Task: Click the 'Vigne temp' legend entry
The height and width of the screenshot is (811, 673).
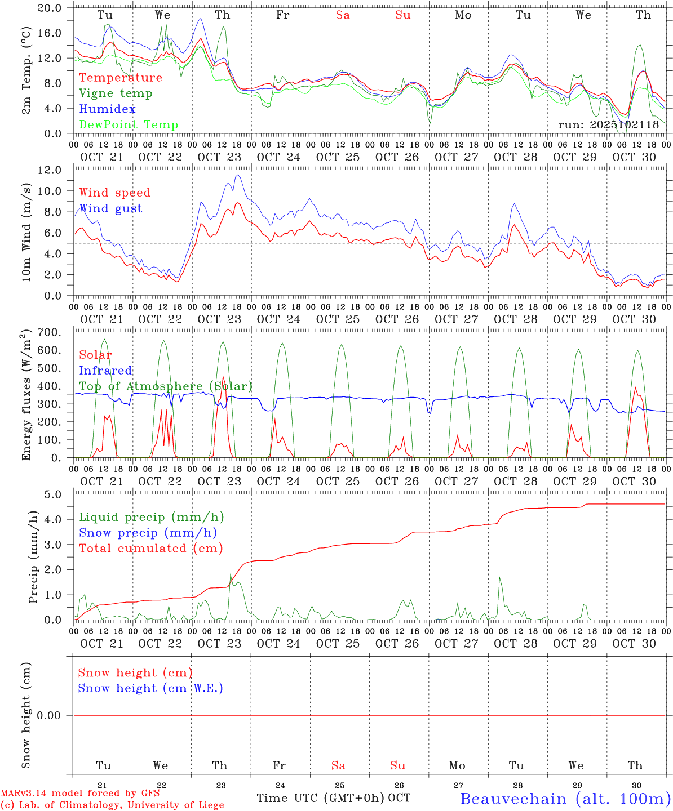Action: (x=116, y=93)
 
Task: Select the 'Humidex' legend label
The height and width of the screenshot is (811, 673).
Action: (x=107, y=109)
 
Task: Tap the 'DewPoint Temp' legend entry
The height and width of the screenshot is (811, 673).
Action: (x=129, y=125)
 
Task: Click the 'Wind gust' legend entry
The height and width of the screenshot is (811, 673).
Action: (x=110, y=208)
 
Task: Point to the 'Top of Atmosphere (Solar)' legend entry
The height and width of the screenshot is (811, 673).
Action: (x=166, y=386)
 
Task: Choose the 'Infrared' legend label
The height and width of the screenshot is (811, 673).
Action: (x=105, y=371)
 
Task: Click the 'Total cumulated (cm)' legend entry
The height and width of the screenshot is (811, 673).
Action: (x=150, y=549)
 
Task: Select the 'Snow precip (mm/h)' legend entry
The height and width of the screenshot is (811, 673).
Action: (x=148, y=533)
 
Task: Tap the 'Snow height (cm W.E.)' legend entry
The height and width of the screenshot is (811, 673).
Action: (x=150, y=688)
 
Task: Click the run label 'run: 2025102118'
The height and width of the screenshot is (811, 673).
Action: (x=608, y=125)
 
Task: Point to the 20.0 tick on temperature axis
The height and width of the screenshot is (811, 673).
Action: (x=51, y=8)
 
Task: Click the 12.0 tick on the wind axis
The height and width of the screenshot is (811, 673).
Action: (x=51, y=170)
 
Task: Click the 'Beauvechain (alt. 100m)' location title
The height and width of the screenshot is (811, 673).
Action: (x=565, y=799)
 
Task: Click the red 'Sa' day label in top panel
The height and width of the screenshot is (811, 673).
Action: (x=343, y=15)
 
